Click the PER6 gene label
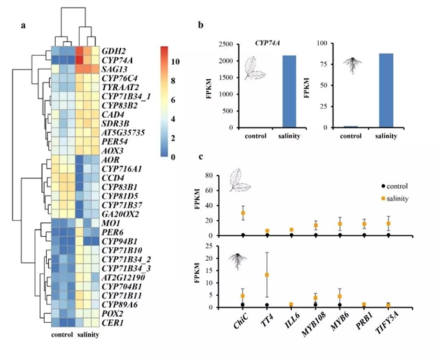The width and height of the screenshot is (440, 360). point(112,233)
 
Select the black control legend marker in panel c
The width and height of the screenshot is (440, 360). point(384,186)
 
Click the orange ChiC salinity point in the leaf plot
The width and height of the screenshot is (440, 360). point(242,213)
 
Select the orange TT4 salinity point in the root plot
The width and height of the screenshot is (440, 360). point(266,275)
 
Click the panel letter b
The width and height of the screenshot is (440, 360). point(200,25)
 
